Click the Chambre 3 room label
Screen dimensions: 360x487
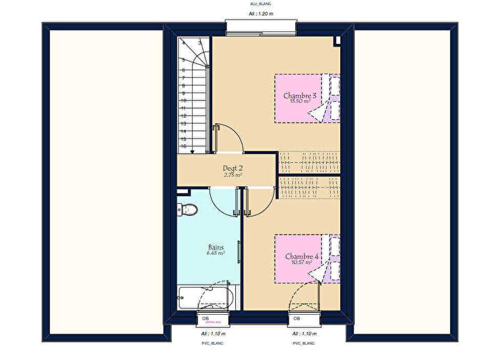300,95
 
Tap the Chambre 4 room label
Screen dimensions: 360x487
301,256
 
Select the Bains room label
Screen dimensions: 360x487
216,247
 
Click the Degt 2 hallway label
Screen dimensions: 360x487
232,169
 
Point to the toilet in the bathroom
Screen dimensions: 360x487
186,209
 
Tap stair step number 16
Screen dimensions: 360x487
184,146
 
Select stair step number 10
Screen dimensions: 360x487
184,100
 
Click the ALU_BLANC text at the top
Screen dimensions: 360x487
261,3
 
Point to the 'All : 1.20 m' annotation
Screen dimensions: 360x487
261,13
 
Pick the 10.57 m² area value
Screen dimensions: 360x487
301,263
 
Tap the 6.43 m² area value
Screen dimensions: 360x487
216,253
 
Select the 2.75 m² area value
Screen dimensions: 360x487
232,175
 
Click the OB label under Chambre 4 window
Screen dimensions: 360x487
297,319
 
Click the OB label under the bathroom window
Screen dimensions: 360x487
205,319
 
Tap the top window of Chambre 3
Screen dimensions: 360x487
261,27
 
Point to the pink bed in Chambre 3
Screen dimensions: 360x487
307,98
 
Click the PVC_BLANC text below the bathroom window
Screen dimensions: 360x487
207,343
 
